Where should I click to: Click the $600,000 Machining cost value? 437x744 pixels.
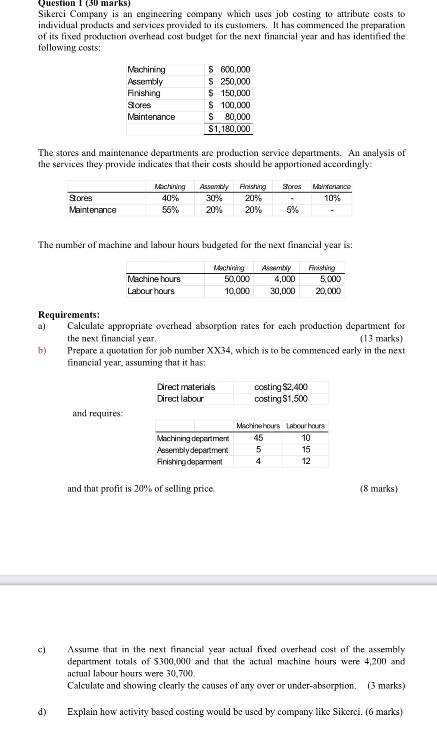[x=229, y=70]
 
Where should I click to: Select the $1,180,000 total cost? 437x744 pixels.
[x=229, y=129]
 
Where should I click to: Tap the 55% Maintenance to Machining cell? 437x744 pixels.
[x=170, y=210]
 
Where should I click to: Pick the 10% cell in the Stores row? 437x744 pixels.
[x=332, y=198]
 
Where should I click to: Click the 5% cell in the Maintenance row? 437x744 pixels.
[x=292, y=210]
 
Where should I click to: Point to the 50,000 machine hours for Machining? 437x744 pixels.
[x=237, y=279]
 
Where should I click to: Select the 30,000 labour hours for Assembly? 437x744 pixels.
[x=282, y=291]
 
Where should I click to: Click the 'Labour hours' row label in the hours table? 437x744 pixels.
[x=151, y=291]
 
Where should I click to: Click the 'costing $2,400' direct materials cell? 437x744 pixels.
[x=281, y=387]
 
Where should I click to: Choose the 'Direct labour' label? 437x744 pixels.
[x=180, y=398]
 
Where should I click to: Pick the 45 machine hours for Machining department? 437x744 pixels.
[x=258, y=438]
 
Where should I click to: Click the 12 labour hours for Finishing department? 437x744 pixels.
[x=306, y=461]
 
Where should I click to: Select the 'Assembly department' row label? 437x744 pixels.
[x=193, y=450]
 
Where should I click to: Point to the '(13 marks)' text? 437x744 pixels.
[x=381, y=338]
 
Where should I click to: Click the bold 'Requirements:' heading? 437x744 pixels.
[x=69, y=315]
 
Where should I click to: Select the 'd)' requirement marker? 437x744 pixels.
[x=42, y=712]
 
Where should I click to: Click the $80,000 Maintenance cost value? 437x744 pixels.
[x=229, y=117]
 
